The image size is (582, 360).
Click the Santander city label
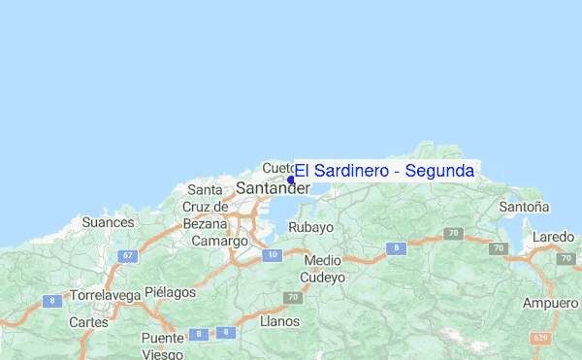[x=274, y=187]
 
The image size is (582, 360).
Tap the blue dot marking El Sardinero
[x=291, y=180]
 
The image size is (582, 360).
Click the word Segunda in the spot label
[x=440, y=171]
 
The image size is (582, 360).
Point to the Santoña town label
[x=524, y=207]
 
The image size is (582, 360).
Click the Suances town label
[x=108, y=222]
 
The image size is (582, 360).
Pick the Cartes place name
[x=88, y=321]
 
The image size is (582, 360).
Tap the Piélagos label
[x=170, y=292]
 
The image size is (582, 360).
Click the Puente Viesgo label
[x=162, y=346]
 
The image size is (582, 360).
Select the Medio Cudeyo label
[x=323, y=269]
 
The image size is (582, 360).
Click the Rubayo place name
[x=311, y=227]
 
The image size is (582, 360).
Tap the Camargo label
[x=219, y=241]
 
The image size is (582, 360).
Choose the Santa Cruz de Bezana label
[x=205, y=207]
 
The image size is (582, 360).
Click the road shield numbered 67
[x=128, y=255]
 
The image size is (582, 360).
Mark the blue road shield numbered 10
[x=274, y=254]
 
